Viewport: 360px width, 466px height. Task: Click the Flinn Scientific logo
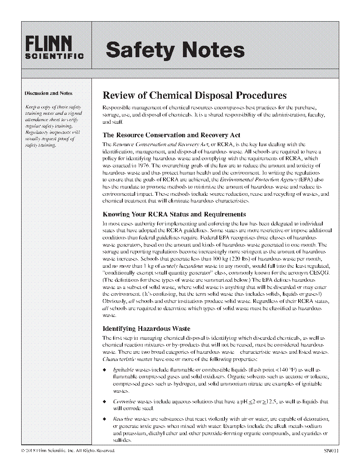(x=54, y=47)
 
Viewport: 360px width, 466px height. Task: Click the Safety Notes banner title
(x=175, y=50)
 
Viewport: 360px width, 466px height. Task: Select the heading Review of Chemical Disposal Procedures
(x=195, y=95)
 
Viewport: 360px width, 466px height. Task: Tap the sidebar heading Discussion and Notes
(x=48, y=93)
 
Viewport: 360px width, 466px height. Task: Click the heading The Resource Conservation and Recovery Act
(x=172, y=135)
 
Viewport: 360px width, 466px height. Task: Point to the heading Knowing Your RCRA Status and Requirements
(x=174, y=214)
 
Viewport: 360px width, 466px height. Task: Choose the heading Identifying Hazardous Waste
(x=147, y=329)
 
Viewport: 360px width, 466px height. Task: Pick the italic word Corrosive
(x=125, y=401)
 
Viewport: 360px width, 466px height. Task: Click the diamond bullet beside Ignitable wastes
(x=105, y=370)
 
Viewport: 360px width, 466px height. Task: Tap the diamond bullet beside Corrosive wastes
(x=105, y=401)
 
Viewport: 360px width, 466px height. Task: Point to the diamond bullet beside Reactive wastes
(x=105, y=419)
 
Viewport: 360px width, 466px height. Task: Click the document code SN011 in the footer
(x=329, y=450)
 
